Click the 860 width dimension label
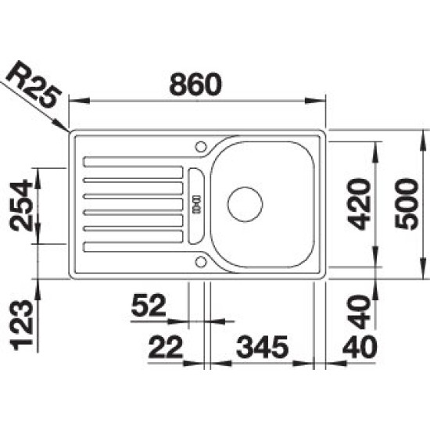coord(195,84)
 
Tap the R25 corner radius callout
coord(33,84)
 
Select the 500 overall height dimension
coord(407,203)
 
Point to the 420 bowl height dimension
coord(359,203)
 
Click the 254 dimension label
coord(21,205)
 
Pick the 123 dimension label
coord(21,325)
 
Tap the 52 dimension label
coord(149,305)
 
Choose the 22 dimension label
coord(166,347)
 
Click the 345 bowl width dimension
coord(262,347)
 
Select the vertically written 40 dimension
coord(359,312)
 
